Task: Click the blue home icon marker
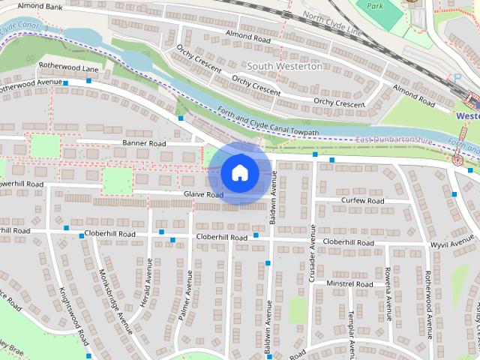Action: (x=238, y=172)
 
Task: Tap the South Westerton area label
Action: (x=285, y=66)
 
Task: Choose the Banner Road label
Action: (x=145, y=142)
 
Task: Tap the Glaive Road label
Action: (x=203, y=195)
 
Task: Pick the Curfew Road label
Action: (x=362, y=201)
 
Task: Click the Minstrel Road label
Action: (x=349, y=284)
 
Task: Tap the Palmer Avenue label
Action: (x=184, y=297)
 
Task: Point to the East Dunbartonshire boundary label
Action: (x=394, y=140)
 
